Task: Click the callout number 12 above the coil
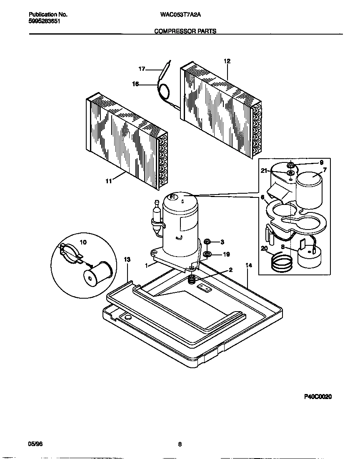[227, 61]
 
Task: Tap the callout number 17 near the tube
[142, 69]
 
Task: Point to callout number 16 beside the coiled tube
[135, 84]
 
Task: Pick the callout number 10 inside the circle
[83, 242]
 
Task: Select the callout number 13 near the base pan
[127, 259]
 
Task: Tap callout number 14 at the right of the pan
[249, 265]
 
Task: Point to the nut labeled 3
[207, 242]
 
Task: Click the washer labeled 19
[207, 254]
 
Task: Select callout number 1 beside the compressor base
[147, 265]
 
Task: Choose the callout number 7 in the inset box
[325, 170]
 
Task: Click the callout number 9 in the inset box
[321, 162]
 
